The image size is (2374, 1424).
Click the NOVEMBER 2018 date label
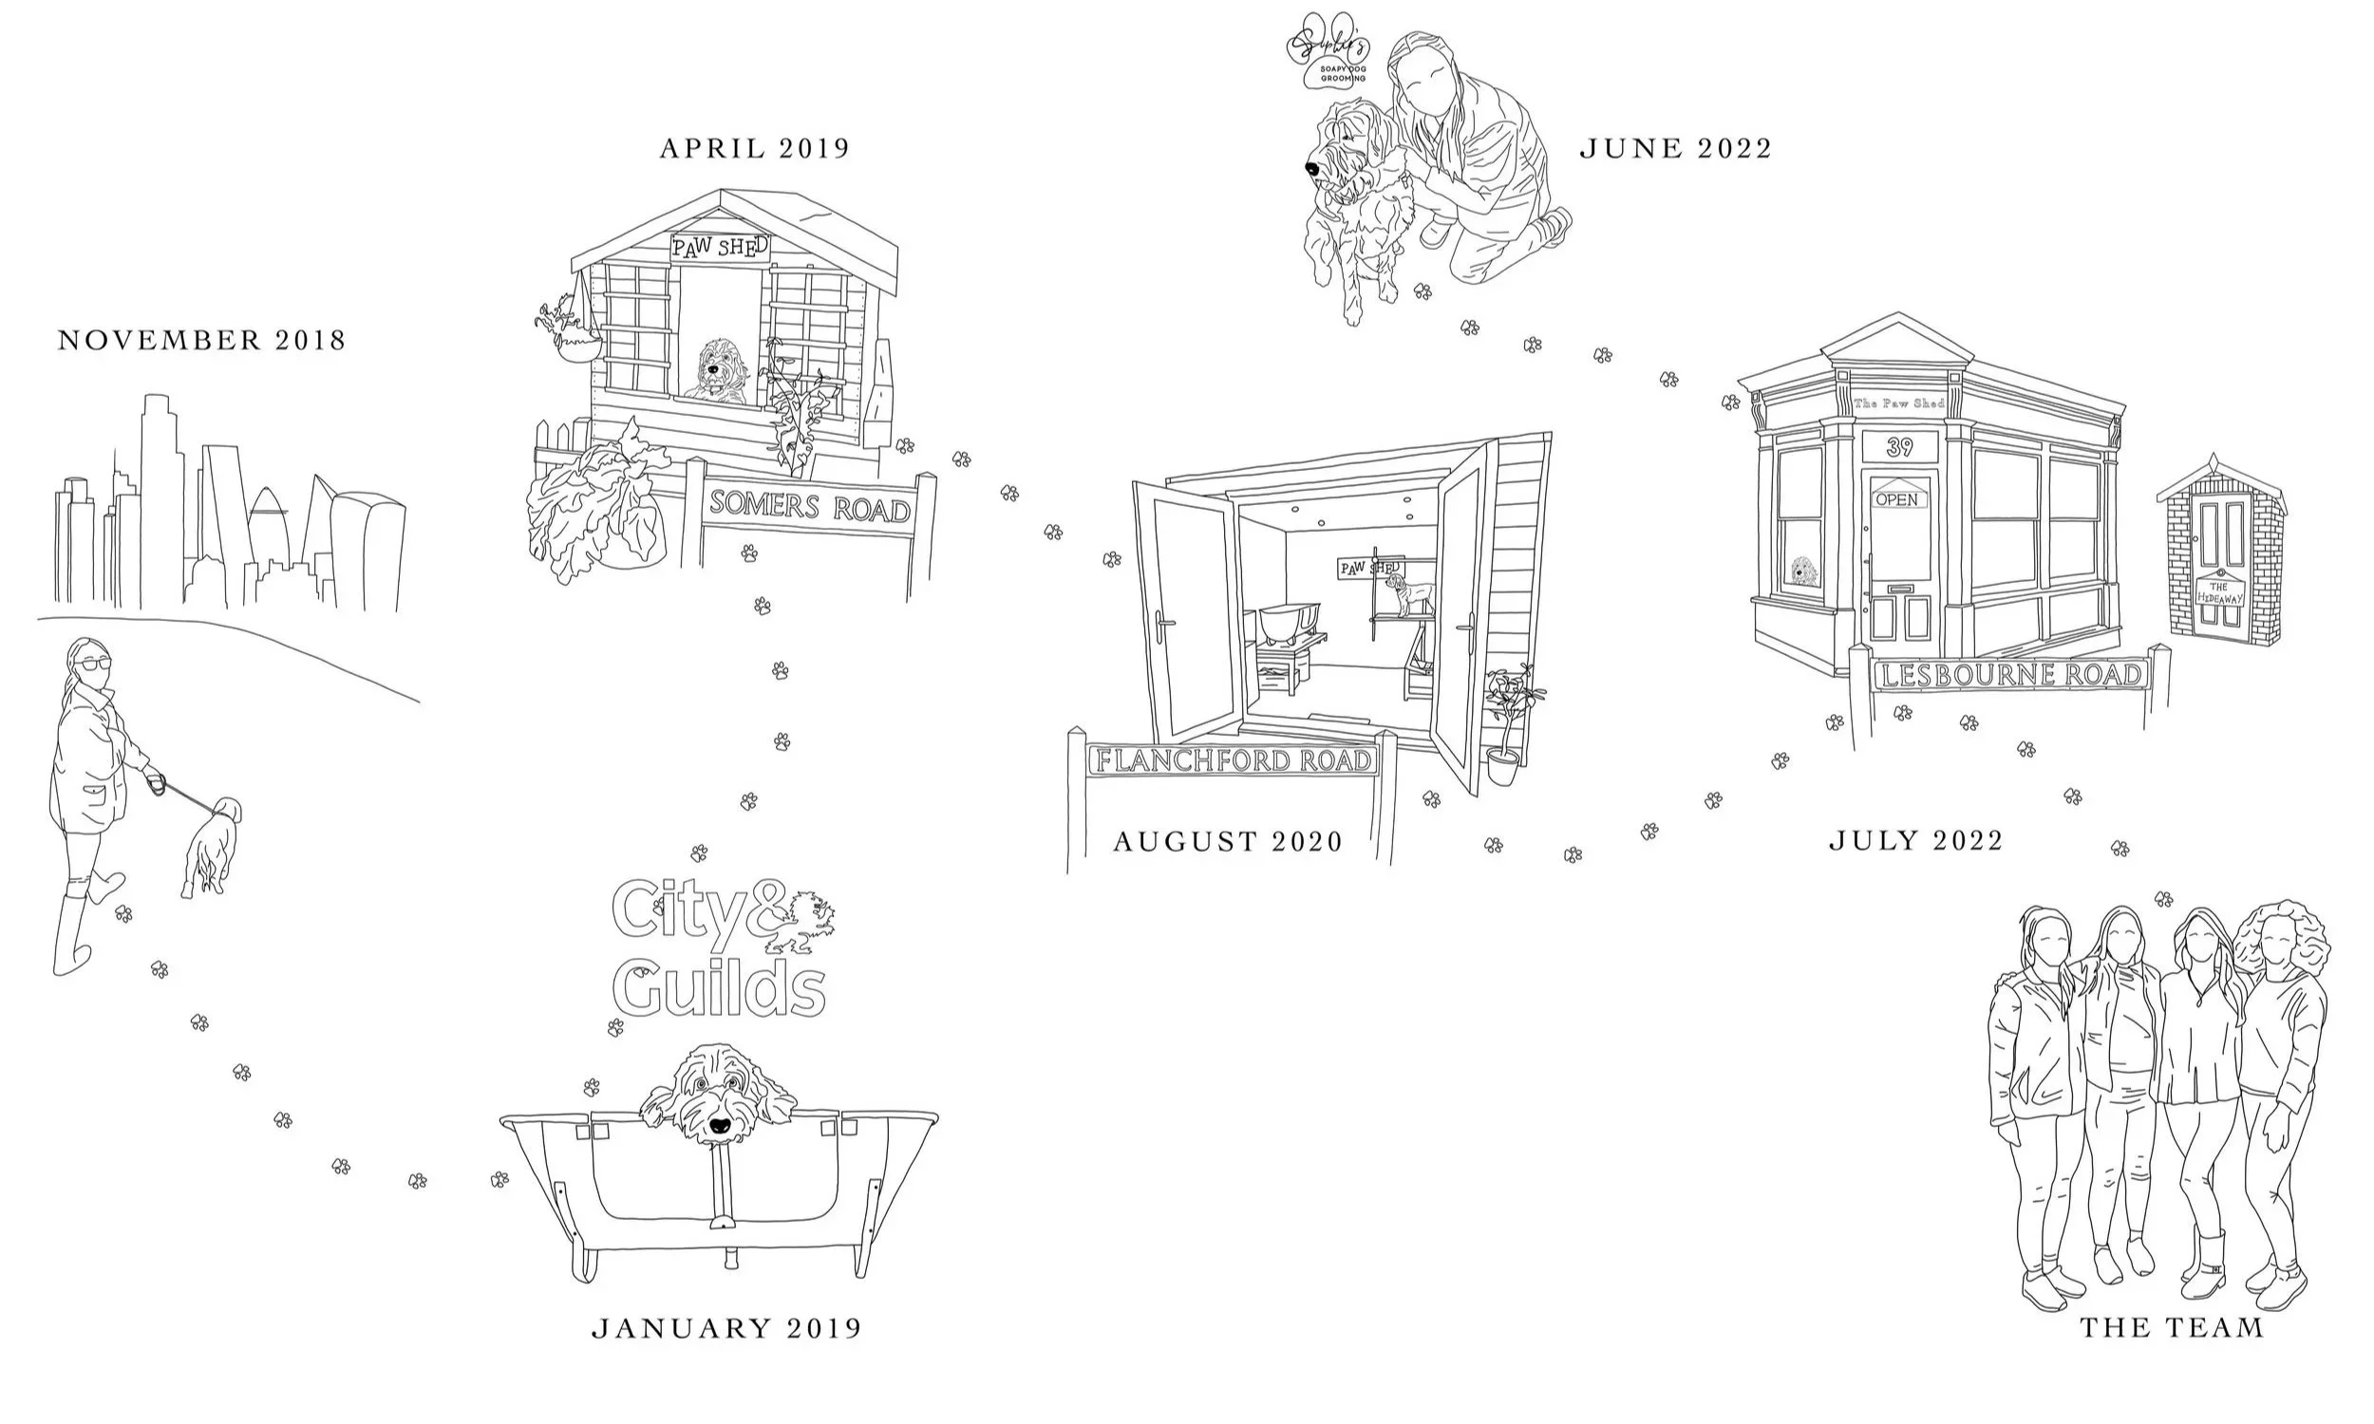click(201, 341)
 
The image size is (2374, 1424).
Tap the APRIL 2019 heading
click(754, 149)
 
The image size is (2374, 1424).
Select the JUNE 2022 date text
click(1675, 149)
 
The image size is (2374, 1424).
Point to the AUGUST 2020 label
click(1227, 841)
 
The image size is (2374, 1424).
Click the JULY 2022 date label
click(1915, 840)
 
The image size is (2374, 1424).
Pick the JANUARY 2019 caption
click(726, 1328)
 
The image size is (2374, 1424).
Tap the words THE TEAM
click(2172, 1328)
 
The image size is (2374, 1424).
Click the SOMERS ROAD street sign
click(809, 507)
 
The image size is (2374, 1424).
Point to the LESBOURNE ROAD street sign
click(2008, 675)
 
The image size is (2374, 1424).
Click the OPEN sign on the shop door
click(1896, 499)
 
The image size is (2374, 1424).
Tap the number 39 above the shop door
click(1899, 447)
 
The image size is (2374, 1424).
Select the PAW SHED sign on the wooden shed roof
click(720, 248)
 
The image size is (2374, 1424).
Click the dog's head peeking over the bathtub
click(718, 1094)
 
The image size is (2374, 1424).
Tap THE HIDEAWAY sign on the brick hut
click(2219, 592)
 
